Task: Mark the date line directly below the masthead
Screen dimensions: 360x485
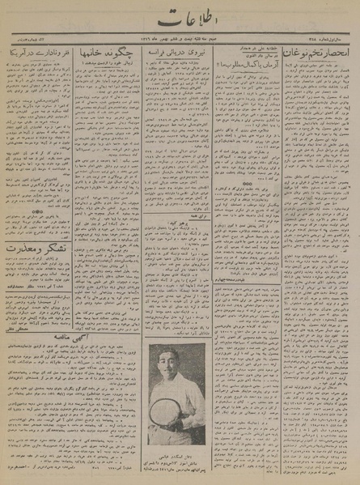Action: point(180,38)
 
